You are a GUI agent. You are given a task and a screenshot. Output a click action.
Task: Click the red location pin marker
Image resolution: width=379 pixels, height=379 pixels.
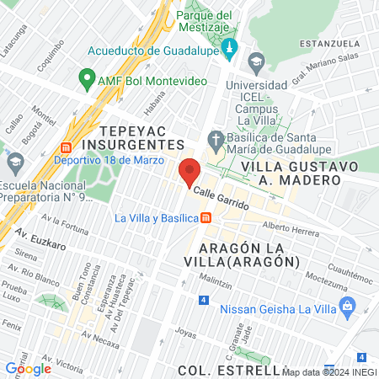[x=189, y=171]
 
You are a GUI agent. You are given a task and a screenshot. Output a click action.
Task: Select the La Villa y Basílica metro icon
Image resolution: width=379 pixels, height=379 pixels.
[x=206, y=218]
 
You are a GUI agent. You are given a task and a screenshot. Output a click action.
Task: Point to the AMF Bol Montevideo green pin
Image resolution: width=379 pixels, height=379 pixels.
[x=85, y=79]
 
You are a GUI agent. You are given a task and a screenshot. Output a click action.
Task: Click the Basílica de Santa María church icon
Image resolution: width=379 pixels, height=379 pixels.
[x=216, y=139]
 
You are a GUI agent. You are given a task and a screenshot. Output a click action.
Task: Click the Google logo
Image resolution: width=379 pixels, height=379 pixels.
[x=28, y=368]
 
